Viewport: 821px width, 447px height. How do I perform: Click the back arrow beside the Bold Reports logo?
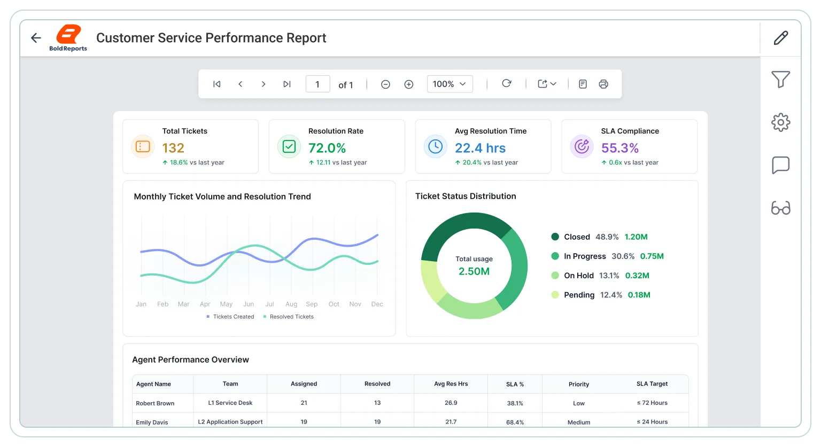tap(36, 38)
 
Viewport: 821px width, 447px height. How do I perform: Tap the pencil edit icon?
tap(781, 38)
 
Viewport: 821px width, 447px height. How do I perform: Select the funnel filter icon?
tap(781, 79)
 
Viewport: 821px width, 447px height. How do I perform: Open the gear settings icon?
tap(781, 122)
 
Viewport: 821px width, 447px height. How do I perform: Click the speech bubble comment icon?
tap(781, 165)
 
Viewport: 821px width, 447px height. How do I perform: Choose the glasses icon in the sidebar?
tap(781, 208)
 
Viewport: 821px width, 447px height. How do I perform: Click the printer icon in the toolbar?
tap(603, 84)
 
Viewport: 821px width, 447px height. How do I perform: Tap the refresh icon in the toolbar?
tap(507, 83)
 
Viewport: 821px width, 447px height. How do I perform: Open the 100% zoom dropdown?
tap(450, 84)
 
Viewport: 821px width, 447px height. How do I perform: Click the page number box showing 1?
tap(318, 84)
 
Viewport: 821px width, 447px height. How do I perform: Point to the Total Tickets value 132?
tap(173, 148)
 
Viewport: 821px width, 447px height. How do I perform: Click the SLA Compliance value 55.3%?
tap(620, 148)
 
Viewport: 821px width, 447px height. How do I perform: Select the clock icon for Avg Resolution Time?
tap(436, 146)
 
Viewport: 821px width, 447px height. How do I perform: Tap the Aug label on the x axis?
tap(291, 304)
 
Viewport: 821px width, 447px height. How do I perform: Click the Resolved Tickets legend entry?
tap(289, 317)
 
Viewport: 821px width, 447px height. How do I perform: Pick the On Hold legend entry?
tap(600, 275)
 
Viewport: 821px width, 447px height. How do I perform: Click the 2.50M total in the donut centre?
tap(474, 271)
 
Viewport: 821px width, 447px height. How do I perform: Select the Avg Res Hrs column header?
tap(451, 383)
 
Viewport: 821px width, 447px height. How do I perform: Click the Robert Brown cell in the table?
tap(155, 403)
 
